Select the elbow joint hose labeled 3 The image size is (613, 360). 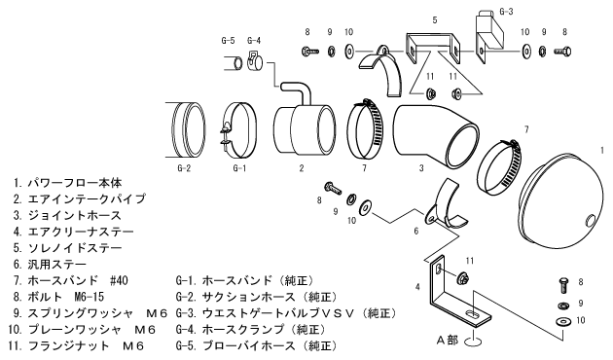point(434,135)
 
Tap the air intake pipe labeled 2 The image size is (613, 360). point(303,126)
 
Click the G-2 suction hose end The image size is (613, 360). point(187,129)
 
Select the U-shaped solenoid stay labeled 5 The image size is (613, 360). point(432,49)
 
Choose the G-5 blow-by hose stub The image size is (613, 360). point(234,62)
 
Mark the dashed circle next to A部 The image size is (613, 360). point(473,342)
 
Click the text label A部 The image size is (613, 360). point(448,341)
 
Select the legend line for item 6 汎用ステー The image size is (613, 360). point(50,265)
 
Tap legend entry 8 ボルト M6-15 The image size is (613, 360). point(58,297)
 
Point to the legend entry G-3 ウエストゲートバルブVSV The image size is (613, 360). point(286,313)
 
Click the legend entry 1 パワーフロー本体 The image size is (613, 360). point(68,183)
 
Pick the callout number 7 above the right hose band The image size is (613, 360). point(526,129)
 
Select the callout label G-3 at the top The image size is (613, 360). point(507,12)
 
